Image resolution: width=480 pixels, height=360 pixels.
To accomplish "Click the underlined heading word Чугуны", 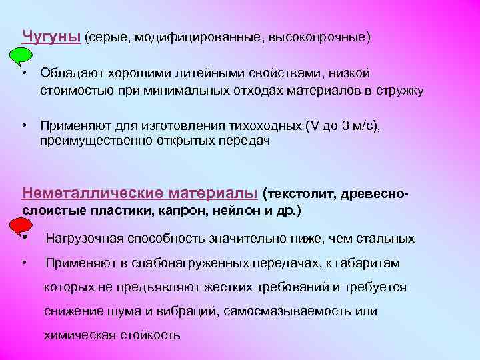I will click(51, 35).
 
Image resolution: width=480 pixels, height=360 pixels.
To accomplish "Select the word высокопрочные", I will click(316, 36).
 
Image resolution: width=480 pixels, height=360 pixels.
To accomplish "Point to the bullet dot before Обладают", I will click(23, 73).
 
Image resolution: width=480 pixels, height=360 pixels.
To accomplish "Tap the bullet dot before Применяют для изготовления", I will click(23, 125).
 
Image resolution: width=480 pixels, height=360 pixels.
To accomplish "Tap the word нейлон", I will click(236, 211).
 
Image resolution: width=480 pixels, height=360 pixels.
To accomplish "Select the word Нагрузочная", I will click(84, 239).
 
